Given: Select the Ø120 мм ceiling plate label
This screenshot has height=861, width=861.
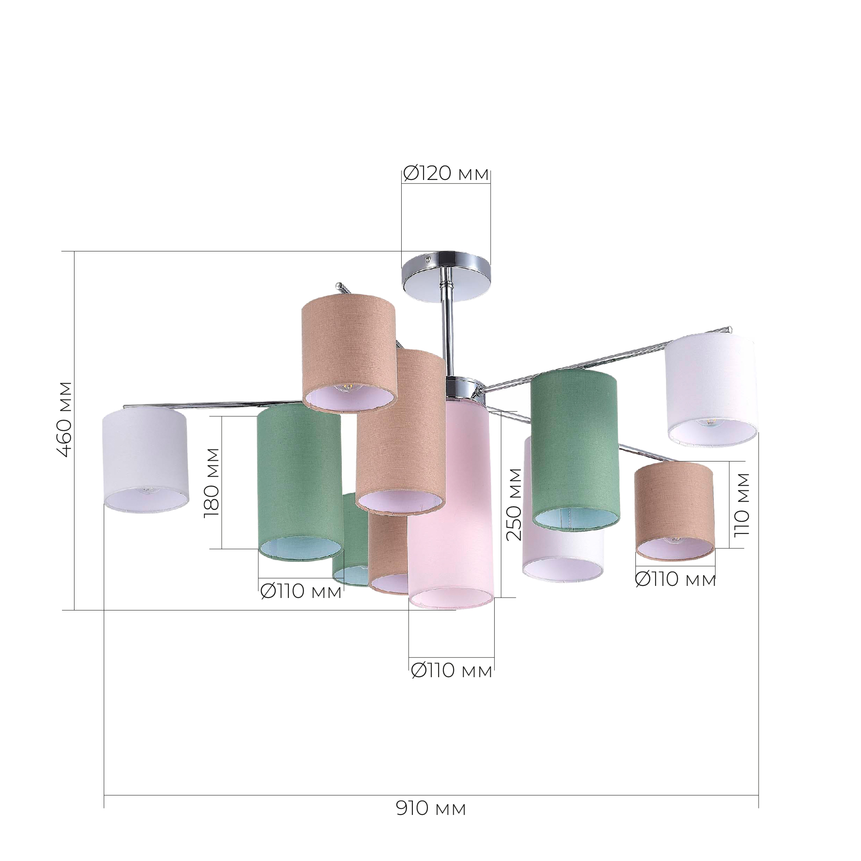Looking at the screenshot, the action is pos(446,173).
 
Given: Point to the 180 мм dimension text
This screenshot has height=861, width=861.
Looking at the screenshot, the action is pos(212,483).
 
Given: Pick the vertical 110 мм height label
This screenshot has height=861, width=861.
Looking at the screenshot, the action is pos(742,505).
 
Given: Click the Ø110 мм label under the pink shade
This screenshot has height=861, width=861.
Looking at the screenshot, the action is pos(452,683).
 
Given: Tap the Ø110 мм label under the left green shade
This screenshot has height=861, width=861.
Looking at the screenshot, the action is pos(301,592).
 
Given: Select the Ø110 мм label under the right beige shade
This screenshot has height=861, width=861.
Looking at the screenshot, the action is pos(675,579).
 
